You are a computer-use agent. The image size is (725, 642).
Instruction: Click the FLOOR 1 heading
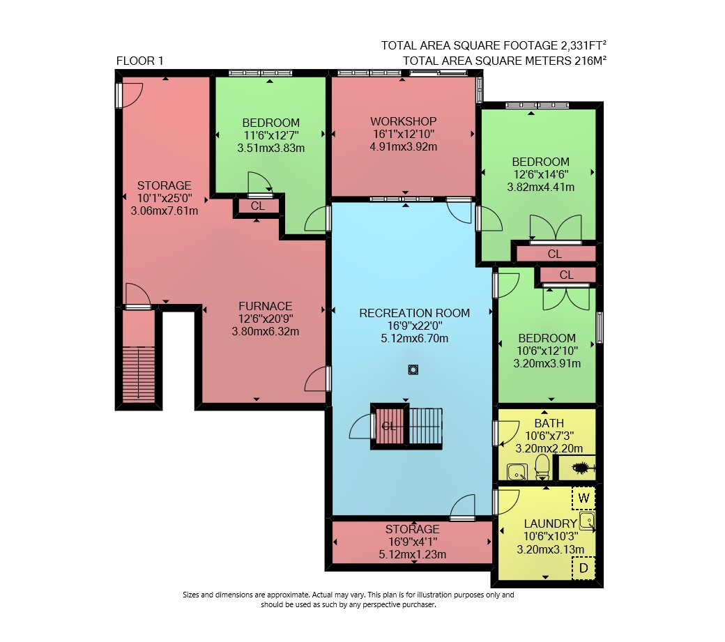click(x=139, y=61)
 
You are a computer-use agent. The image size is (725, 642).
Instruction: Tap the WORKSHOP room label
click(x=403, y=121)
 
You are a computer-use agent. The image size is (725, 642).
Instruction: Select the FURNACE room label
click(x=266, y=306)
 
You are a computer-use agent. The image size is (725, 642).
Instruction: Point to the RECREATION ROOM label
click(x=414, y=313)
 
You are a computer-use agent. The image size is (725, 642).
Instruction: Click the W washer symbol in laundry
click(x=583, y=498)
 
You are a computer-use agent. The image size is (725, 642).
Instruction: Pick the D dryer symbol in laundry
click(x=583, y=567)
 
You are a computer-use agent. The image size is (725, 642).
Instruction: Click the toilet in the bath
click(x=542, y=466)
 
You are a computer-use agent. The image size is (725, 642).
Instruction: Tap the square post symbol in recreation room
click(x=413, y=369)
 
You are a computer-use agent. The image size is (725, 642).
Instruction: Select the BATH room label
click(x=549, y=423)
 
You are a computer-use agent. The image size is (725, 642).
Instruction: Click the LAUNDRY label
click(x=550, y=523)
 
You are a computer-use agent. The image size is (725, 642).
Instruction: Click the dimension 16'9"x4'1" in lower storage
click(x=413, y=541)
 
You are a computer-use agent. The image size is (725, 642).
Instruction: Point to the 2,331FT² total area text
click(x=583, y=45)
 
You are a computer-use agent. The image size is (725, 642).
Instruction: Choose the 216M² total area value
click(x=590, y=60)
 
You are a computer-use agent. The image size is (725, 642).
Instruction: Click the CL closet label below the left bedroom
click(x=257, y=206)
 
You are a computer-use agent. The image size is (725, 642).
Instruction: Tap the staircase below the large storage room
click(x=139, y=374)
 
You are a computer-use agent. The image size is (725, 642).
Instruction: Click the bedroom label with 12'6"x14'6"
click(x=540, y=162)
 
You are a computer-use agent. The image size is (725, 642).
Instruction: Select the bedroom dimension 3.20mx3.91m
click(x=547, y=363)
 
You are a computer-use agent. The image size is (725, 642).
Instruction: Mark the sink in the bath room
click(x=517, y=472)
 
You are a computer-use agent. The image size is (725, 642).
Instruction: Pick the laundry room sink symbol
click(x=587, y=520)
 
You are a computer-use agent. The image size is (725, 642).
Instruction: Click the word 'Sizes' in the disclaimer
click(x=192, y=595)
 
